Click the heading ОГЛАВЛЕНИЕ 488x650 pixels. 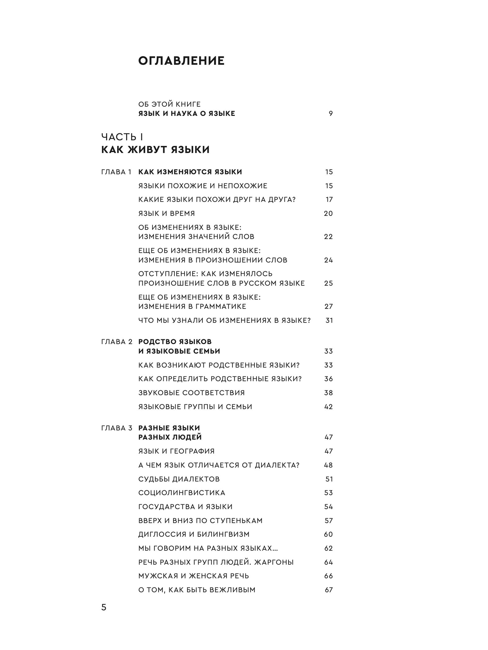click(x=181, y=61)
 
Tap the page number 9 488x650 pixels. click(x=331, y=114)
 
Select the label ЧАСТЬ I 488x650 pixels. click(x=122, y=137)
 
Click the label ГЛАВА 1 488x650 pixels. click(x=116, y=172)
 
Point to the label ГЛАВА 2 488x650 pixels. click(x=117, y=342)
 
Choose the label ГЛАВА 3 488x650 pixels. click(x=117, y=428)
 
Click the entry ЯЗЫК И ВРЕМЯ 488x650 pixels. click(x=166, y=214)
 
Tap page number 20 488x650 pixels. click(x=328, y=214)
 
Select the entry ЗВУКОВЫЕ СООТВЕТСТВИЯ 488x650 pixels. click(x=191, y=393)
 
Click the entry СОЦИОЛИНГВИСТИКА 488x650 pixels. click(x=182, y=493)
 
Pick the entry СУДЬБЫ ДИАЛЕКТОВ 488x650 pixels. click(x=179, y=479)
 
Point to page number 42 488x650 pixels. click(x=328, y=407)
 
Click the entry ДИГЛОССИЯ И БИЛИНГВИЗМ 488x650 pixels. click(x=194, y=534)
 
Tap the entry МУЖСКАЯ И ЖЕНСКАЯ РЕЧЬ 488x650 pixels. click(x=194, y=576)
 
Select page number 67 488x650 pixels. click(x=328, y=590)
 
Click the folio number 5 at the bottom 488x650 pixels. click(x=104, y=608)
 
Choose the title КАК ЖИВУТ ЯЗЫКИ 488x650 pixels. click(x=155, y=150)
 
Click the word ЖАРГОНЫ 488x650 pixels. click(x=274, y=562)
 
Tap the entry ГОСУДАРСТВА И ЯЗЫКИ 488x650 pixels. click(x=185, y=507)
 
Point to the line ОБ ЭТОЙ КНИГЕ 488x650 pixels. click(x=169, y=104)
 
